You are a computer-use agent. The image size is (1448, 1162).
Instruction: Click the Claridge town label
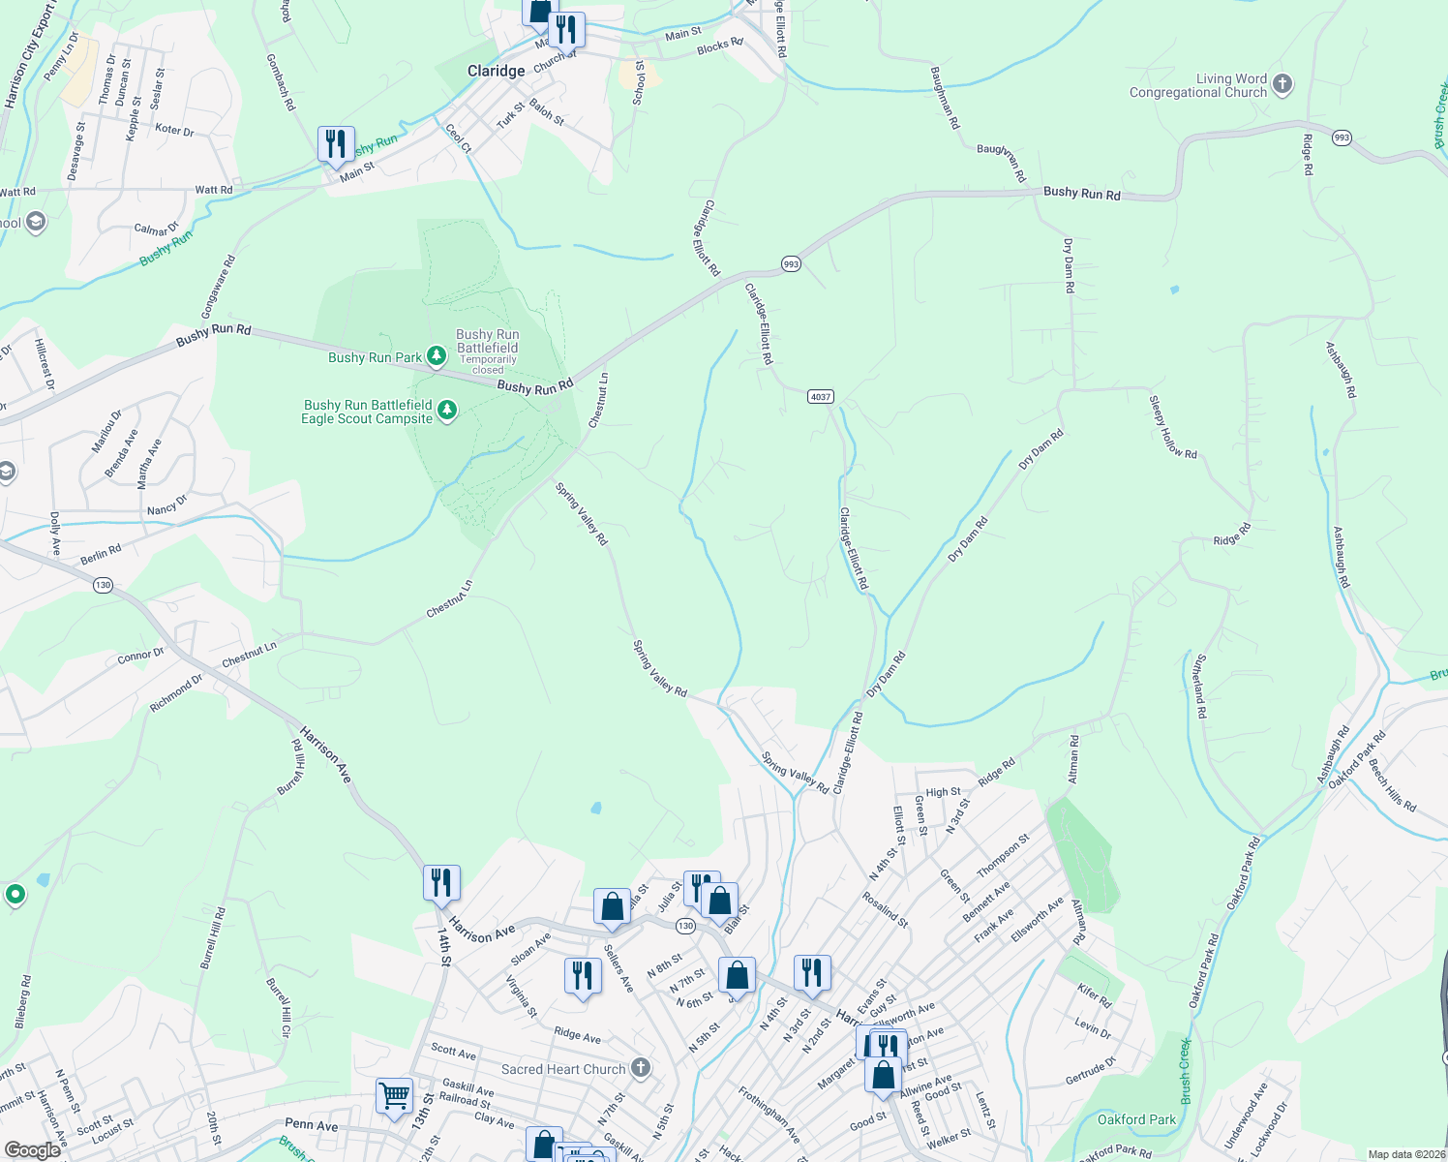pos(496,71)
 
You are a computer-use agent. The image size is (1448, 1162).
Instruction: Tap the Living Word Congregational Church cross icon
pos(1282,84)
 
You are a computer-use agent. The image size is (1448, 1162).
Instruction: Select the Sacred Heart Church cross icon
pos(641,1068)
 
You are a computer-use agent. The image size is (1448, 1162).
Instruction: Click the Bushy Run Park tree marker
pos(437,357)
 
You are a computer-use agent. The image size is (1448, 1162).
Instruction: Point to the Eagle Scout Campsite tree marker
pos(447,412)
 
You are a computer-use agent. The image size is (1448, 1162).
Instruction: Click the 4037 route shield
pos(821,397)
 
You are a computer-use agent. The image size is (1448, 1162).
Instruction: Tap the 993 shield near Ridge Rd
pos(1341,138)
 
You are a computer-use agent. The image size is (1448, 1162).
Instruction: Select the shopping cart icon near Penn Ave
pos(394,1096)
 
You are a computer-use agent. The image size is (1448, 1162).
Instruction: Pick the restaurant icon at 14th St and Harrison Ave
pos(441,883)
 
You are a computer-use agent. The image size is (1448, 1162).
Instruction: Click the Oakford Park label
pos(1136,1119)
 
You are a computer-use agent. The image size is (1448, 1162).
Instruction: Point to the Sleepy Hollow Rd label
pos(1173,427)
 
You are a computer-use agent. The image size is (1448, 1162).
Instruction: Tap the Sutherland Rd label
pos(1199,686)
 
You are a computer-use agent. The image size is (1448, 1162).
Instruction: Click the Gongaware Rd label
pos(218,287)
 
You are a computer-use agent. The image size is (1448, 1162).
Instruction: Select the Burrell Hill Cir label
pos(279,1008)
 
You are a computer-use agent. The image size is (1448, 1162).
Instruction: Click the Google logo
pos(33,1150)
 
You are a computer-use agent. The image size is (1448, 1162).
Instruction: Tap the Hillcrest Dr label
pos(45,364)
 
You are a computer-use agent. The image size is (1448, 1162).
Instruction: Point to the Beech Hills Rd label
pos(1393,785)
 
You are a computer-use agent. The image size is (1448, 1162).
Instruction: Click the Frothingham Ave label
pos(769,1114)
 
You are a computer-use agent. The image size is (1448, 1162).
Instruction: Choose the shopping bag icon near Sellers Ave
pos(612,907)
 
